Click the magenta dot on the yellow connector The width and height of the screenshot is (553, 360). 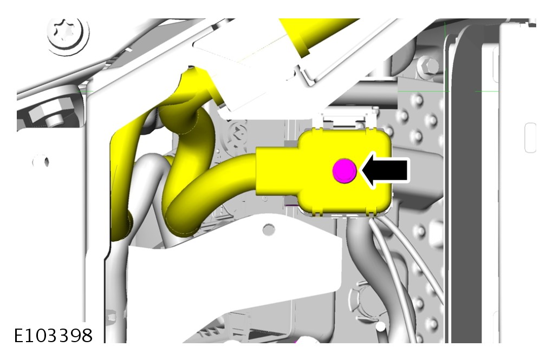point(344,171)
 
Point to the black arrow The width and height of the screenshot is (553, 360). point(385,171)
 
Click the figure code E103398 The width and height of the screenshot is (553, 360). point(53,335)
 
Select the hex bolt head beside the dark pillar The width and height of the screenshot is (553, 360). point(427,66)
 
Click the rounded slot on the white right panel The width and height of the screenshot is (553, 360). point(530,138)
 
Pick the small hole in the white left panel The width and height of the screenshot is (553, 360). point(41,162)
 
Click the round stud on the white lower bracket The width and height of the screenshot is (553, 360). point(269,230)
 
